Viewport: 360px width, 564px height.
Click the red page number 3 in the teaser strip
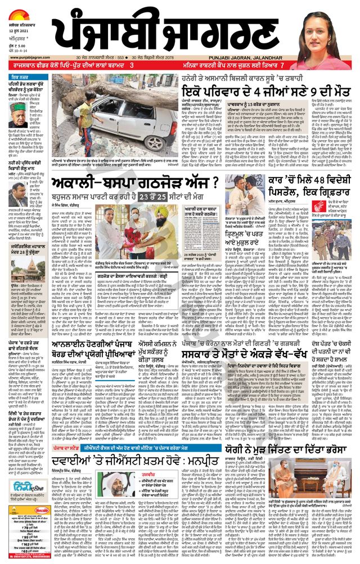pyautogui.click(x=130, y=66)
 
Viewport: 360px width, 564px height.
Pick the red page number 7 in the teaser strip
pyautogui.click(x=293, y=66)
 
